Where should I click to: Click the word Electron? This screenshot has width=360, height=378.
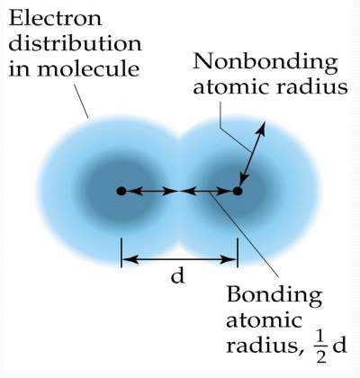pos(56,18)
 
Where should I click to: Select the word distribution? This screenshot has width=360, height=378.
pos(75,44)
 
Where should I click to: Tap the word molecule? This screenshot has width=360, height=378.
pos(88,69)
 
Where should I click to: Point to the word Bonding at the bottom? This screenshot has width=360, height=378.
pos(274,295)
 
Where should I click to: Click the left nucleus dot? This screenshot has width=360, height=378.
pos(121,191)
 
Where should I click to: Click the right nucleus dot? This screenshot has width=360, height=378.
pos(238,191)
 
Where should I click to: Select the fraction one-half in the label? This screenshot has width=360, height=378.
pos(320,347)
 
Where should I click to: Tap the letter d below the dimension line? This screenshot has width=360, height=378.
pos(178,275)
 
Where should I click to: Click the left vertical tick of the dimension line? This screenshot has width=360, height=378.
pos(121,253)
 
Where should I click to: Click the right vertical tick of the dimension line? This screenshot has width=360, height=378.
pos(238,253)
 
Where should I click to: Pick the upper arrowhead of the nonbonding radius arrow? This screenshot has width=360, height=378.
pos(261,129)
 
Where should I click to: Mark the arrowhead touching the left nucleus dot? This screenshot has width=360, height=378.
pos(132,191)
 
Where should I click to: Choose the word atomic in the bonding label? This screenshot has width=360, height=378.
pos(264,320)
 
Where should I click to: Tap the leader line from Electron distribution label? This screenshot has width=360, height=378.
pos(81,101)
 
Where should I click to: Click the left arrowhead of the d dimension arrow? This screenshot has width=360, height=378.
pos(131,259)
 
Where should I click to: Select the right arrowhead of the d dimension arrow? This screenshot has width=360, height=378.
pos(228,259)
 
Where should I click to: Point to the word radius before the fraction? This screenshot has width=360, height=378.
pos(263,346)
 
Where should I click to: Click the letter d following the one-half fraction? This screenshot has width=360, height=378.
pos(339,345)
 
